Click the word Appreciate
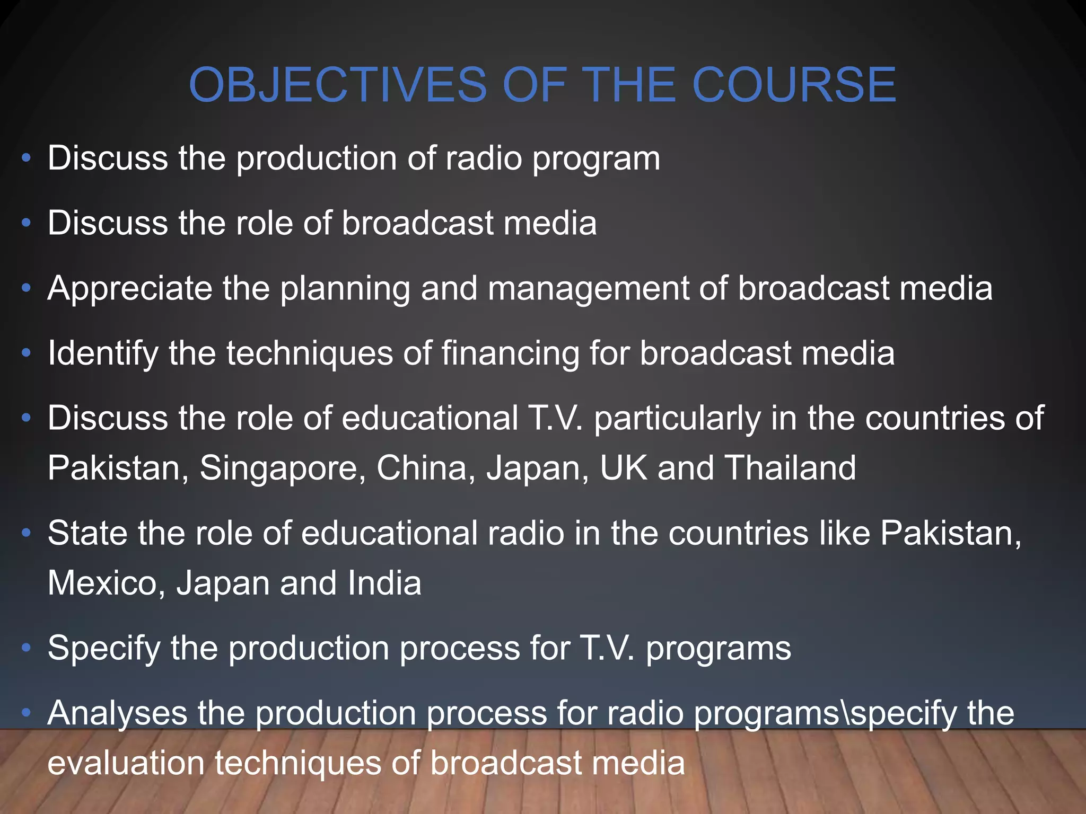(129, 288)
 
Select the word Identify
(103, 353)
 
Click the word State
(87, 533)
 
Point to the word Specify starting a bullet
(104, 649)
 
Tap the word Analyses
(117, 713)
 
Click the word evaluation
(126, 763)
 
